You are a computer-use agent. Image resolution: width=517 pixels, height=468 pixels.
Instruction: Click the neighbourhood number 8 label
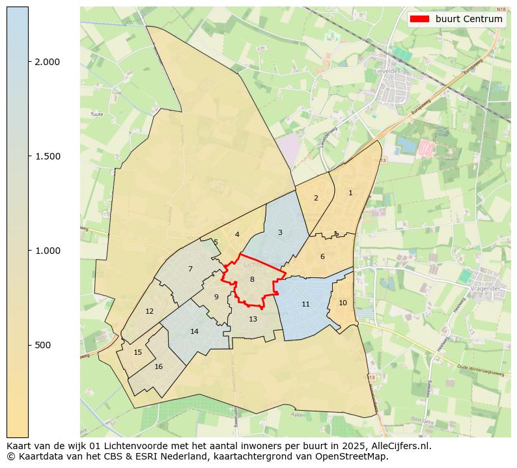(252, 280)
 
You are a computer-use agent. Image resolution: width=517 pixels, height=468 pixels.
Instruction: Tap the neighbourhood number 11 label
(305, 305)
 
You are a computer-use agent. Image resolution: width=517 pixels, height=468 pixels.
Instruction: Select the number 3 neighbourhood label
(280, 232)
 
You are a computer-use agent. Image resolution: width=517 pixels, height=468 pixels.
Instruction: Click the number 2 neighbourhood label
(316, 198)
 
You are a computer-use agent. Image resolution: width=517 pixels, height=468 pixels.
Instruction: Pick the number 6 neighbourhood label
(322, 256)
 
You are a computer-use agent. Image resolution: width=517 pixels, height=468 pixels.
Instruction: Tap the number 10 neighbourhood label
(342, 303)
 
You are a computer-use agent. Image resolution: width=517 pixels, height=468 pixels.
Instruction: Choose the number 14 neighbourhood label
(194, 332)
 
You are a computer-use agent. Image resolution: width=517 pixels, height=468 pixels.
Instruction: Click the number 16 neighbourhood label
(158, 366)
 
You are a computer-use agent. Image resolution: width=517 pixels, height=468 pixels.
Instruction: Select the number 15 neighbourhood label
(137, 353)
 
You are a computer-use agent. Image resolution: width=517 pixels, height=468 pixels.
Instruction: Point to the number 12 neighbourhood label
(149, 312)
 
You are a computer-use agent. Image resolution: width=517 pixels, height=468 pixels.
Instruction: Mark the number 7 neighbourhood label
(190, 269)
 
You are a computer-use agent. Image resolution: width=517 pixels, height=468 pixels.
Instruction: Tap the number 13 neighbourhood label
(253, 319)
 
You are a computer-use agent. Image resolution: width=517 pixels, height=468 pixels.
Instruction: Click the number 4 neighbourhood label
(237, 234)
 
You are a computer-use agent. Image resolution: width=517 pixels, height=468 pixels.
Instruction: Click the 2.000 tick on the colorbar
(47, 62)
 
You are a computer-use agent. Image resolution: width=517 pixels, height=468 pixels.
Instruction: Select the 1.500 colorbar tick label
(47, 156)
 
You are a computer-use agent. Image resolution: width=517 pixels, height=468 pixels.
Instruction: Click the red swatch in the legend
(419, 19)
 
